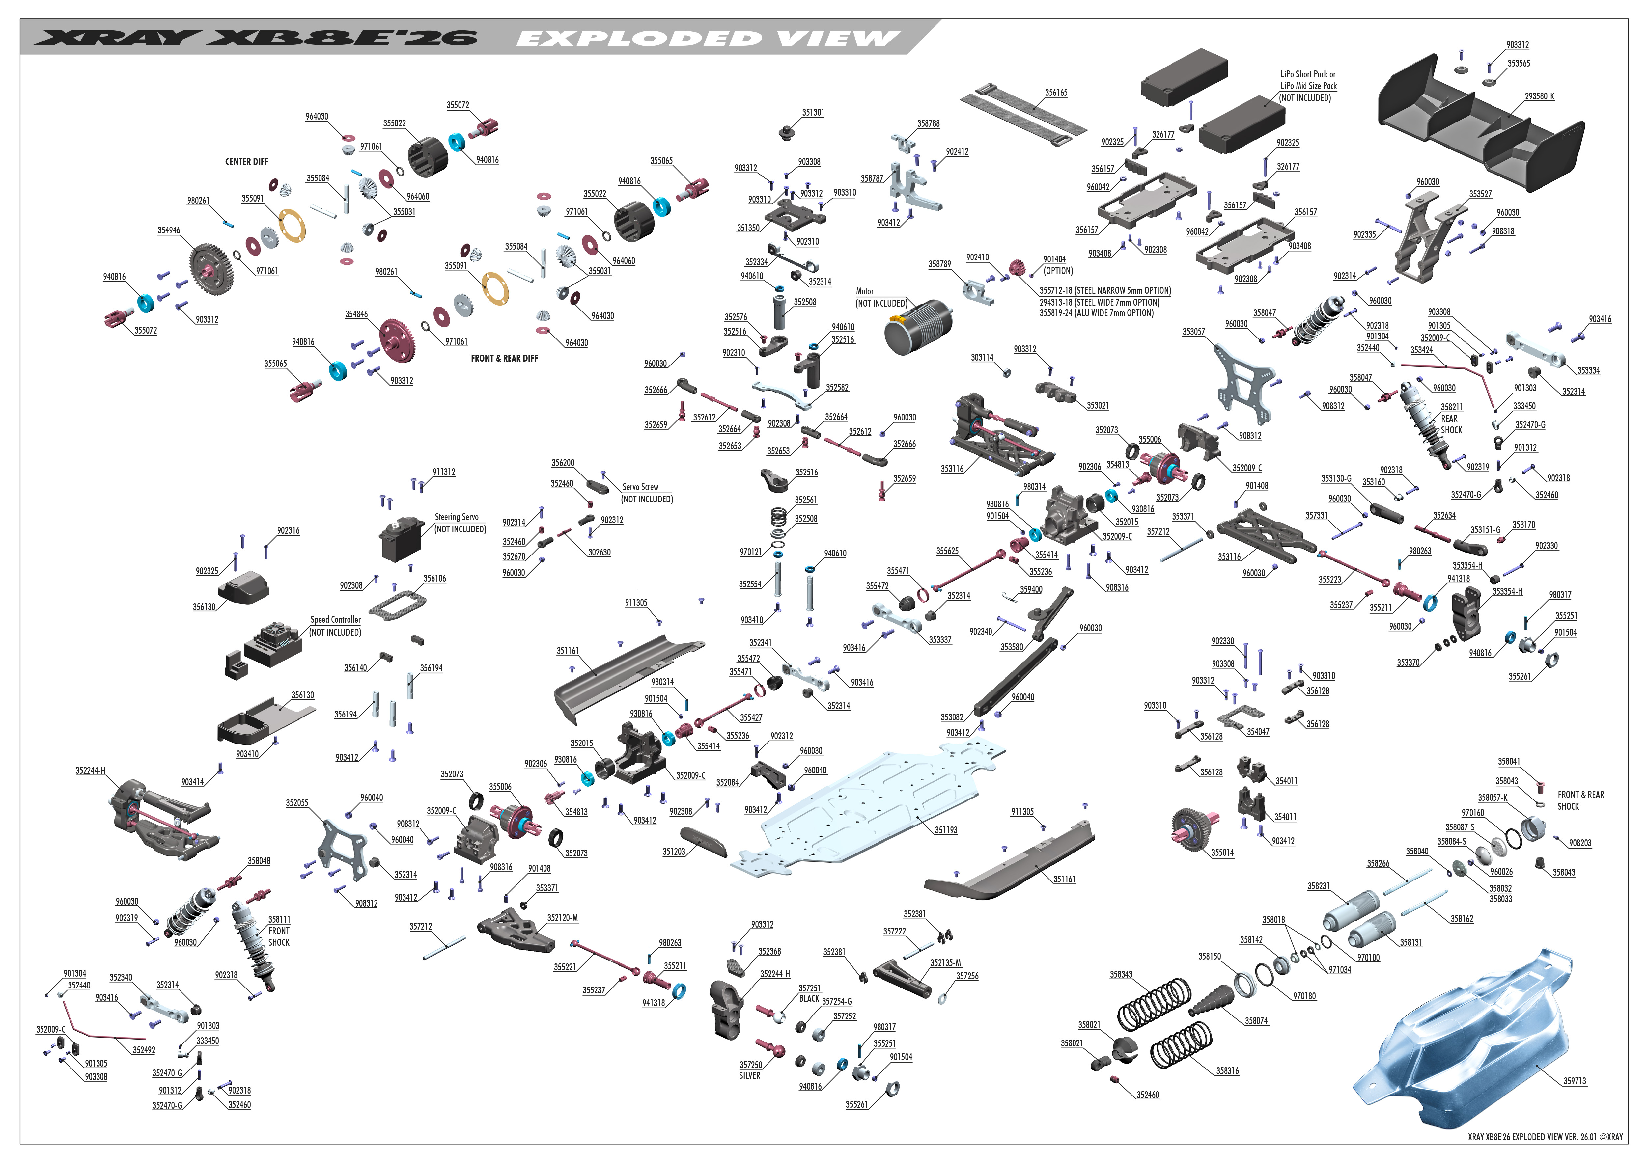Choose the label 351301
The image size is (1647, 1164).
click(813, 113)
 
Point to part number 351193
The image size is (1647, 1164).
click(945, 830)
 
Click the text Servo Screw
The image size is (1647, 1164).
click(640, 487)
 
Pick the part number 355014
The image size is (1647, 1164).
click(1222, 853)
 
